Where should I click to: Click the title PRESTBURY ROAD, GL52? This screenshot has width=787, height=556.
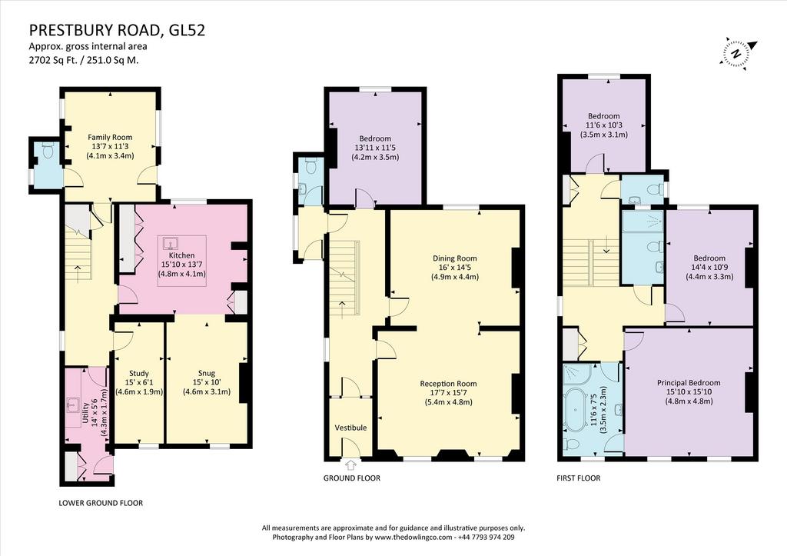coord(117,31)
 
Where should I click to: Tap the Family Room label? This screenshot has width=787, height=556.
coord(110,137)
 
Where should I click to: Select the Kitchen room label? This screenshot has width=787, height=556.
coord(181,255)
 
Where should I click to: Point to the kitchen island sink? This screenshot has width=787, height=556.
coord(172,244)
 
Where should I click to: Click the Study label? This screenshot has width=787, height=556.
coord(139,373)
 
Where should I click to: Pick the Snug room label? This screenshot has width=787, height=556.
coord(206,373)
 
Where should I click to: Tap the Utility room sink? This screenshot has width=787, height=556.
coord(73,403)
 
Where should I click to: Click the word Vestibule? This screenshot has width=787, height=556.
coord(350,428)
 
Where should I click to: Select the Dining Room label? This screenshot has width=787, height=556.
coord(455,258)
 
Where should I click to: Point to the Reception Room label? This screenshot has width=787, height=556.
coord(448,383)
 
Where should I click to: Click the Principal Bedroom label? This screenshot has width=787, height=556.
coord(689,383)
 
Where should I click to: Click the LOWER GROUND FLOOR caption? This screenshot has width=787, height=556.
coord(101,503)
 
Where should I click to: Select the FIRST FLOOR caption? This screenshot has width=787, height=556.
coord(578,478)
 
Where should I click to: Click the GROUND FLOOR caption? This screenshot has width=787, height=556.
coord(351,478)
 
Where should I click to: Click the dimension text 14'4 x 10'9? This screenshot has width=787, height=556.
coord(709,267)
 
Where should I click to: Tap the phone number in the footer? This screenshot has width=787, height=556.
coord(486,537)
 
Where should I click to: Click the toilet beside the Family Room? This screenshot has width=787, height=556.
coord(48,150)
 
